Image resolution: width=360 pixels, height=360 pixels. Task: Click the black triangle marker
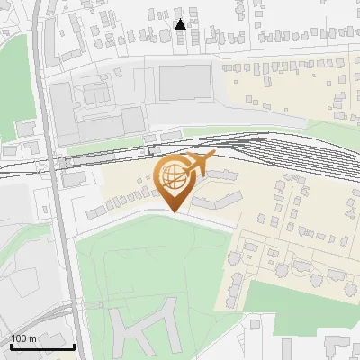(181, 24)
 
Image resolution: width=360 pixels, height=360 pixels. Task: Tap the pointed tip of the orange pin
(174, 211)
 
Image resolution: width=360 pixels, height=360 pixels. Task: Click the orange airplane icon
(197, 165)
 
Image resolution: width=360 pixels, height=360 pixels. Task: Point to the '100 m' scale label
(23, 337)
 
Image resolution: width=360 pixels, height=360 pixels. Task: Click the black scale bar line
(42, 346)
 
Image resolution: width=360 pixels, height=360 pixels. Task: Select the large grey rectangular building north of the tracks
(187, 83)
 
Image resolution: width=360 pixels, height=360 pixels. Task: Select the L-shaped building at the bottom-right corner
(337, 347)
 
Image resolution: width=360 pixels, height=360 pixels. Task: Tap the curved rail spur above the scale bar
(36, 311)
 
